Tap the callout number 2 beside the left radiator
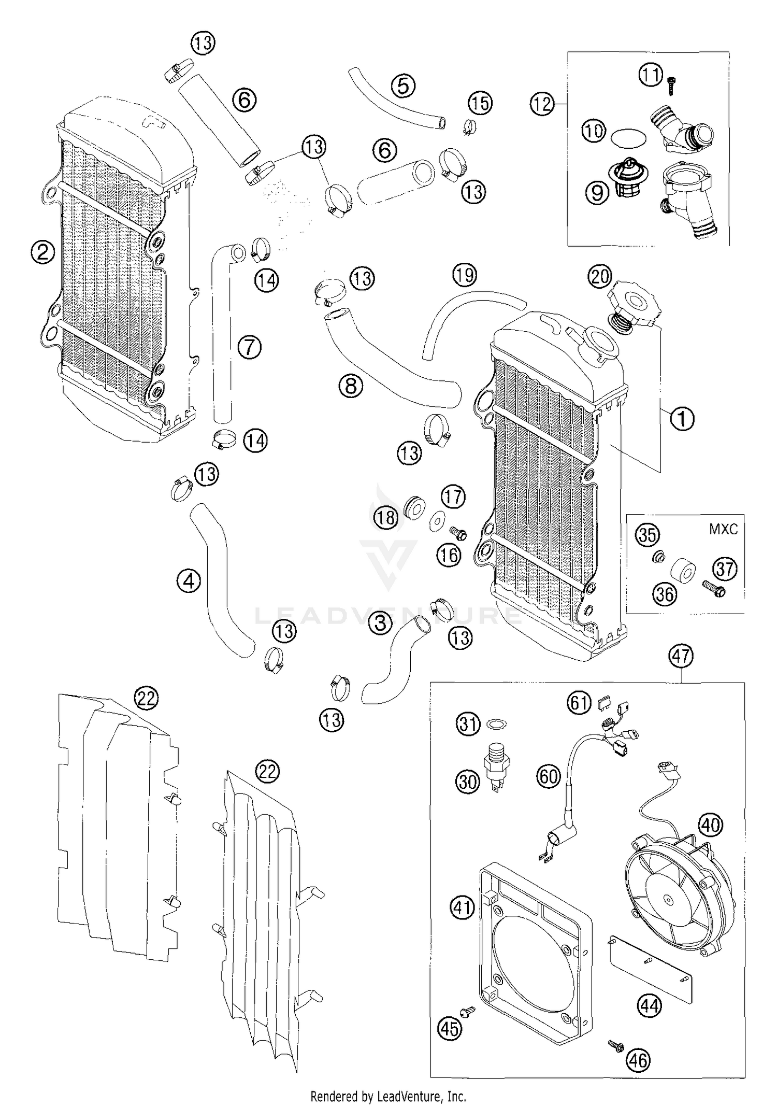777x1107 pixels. click(42, 252)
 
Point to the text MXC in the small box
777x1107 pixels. click(724, 529)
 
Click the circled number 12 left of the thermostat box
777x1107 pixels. click(542, 104)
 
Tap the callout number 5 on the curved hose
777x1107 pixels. click(403, 86)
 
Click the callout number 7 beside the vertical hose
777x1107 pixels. click(250, 347)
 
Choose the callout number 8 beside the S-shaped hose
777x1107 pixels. click(351, 386)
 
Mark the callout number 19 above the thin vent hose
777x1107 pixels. click(464, 274)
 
